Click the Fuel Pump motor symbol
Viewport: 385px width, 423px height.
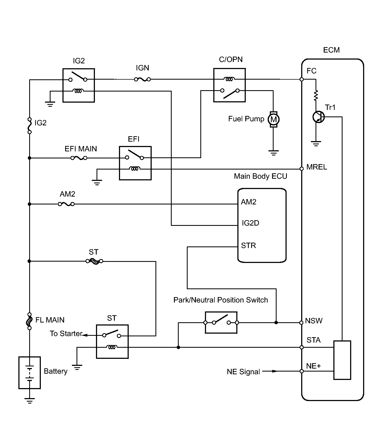click(273, 119)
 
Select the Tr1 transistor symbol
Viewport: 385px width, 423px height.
click(318, 117)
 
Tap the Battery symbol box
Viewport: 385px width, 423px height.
click(29, 373)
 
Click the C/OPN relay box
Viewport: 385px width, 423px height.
click(230, 85)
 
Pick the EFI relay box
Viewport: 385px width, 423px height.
click(135, 163)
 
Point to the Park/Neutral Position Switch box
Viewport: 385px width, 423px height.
click(221, 322)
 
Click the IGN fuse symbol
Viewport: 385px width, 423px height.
click(142, 79)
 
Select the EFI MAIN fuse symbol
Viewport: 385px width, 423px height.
click(79, 158)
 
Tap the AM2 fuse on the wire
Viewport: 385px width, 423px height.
click(67, 204)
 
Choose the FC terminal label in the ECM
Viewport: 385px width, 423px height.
click(311, 71)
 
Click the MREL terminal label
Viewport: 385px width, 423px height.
click(317, 167)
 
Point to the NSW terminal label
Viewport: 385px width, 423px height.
click(314, 321)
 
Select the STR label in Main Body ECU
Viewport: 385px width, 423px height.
click(248, 245)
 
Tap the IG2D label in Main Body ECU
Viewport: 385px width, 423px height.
click(250, 223)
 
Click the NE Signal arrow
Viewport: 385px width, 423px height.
click(270, 371)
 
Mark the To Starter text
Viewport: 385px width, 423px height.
click(66, 333)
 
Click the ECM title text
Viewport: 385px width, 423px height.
click(331, 50)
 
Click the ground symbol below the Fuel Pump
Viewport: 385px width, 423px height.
click(274, 153)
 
